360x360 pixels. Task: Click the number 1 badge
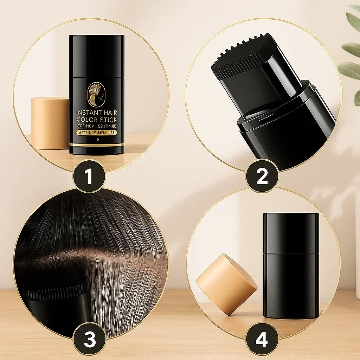[x=89, y=176]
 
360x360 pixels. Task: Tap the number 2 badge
[x=262, y=176]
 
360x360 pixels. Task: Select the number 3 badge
[x=89, y=340]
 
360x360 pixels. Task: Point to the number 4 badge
[x=262, y=340]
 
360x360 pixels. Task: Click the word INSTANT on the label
[x=89, y=113]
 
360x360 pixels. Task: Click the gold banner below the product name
[x=97, y=133]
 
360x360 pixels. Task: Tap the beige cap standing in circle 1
[x=50, y=123]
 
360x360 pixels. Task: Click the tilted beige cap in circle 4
[x=227, y=284]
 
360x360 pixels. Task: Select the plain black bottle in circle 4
[x=291, y=265]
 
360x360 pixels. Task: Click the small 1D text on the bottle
[x=97, y=139]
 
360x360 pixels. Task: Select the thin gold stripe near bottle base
[x=97, y=144]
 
